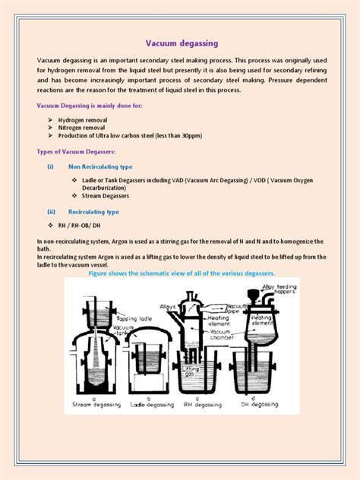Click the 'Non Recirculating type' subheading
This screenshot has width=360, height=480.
(100, 166)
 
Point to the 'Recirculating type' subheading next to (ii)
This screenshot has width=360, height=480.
(93, 212)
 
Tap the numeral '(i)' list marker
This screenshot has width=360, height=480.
(50, 166)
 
